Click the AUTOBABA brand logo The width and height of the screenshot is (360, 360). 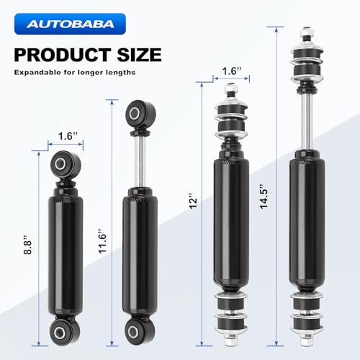70,24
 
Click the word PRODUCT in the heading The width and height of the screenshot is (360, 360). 63,55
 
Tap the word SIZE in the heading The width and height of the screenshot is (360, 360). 139,55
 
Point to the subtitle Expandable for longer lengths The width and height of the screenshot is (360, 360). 75,73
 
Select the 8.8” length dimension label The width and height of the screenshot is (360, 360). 27,245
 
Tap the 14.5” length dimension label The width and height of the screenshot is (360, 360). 264,197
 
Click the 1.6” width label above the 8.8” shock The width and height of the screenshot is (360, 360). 68,136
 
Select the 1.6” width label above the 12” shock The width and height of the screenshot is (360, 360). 232,71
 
